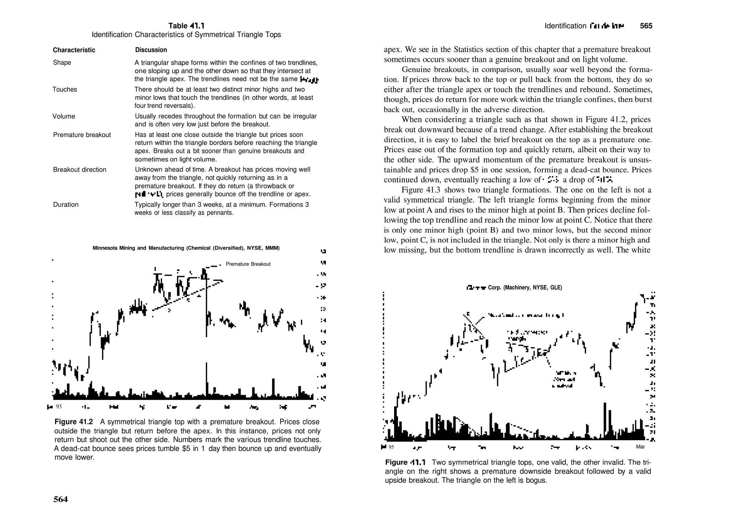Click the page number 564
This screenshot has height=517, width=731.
tap(60, 499)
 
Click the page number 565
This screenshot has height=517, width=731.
tap(646, 26)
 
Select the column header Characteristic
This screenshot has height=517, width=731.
tap(74, 50)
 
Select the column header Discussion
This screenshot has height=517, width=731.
tap(151, 50)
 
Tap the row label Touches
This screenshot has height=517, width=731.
tap(65, 89)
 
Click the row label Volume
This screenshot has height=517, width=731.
tap(64, 116)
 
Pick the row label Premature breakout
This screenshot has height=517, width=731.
tap(82, 135)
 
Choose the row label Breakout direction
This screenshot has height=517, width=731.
tap(80, 170)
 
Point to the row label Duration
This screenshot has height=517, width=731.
tap(66, 204)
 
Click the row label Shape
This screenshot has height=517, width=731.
tap(62, 63)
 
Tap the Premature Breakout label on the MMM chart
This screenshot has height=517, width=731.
tap(248, 264)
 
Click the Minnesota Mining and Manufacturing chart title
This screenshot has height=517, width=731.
tap(186, 248)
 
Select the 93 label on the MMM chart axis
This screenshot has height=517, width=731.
tap(59, 407)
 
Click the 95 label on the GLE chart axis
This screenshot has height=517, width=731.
tap(391, 447)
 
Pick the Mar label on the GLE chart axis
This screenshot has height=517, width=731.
tap(640, 447)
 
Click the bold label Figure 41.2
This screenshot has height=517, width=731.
tap(74, 422)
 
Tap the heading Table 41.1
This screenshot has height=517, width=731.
tap(186, 26)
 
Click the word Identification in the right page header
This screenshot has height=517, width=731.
tap(565, 26)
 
